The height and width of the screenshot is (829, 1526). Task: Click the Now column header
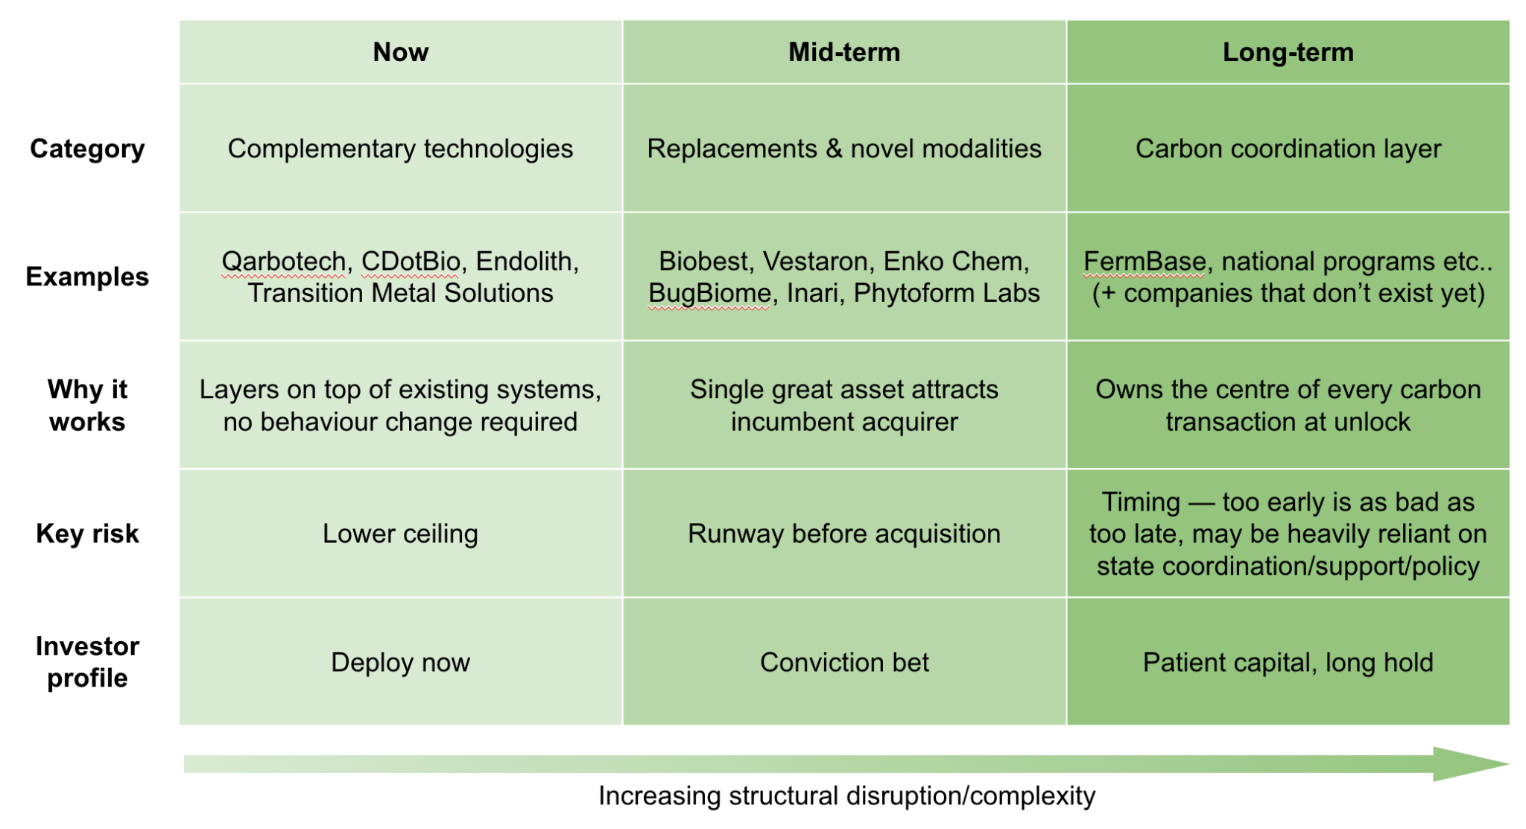400,52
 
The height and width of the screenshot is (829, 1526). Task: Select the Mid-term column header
844,52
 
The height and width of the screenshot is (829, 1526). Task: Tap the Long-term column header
1288,52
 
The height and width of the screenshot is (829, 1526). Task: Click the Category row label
87,149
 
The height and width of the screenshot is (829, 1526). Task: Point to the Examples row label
87,277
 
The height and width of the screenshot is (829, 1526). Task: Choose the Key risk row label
87,534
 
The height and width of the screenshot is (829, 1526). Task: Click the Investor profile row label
87,662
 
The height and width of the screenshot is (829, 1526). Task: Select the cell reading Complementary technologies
400,149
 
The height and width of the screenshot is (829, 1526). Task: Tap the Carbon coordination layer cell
1288,149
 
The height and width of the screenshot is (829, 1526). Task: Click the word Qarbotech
284,262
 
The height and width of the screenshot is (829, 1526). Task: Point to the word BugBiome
708,294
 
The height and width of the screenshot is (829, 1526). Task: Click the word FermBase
1144,262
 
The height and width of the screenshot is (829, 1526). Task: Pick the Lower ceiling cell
400,534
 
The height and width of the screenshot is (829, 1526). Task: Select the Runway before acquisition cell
844,534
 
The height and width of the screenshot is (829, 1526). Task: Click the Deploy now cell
400,662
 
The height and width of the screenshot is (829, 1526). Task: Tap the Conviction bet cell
844,662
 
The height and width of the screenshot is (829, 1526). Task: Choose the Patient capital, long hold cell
1288,662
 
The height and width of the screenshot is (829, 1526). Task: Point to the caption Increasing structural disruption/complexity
846,796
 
